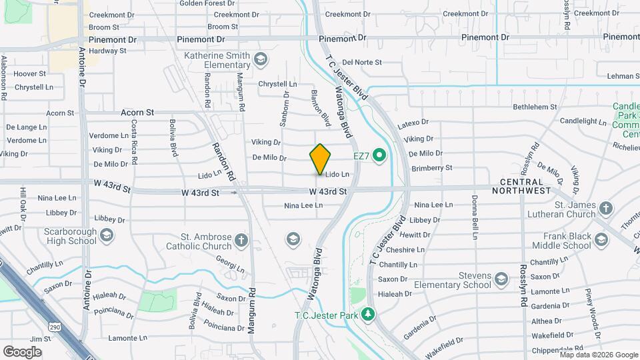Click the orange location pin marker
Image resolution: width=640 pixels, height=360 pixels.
(x=320, y=159)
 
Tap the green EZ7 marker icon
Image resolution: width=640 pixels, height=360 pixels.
(x=379, y=156)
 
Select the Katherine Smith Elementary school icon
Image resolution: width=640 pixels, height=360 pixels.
(x=259, y=61)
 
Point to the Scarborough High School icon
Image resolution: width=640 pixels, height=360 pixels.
(x=107, y=235)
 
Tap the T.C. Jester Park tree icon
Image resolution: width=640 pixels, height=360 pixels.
(x=368, y=314)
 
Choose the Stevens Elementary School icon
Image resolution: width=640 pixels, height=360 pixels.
(x=502, y=285)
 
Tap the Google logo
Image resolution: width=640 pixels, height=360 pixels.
(x=22, y=351)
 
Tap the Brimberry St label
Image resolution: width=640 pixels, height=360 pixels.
(x=432, y=168)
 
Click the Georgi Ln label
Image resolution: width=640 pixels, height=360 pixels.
(x=231, y=267)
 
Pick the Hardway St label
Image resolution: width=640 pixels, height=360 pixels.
(x=107, y=51)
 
